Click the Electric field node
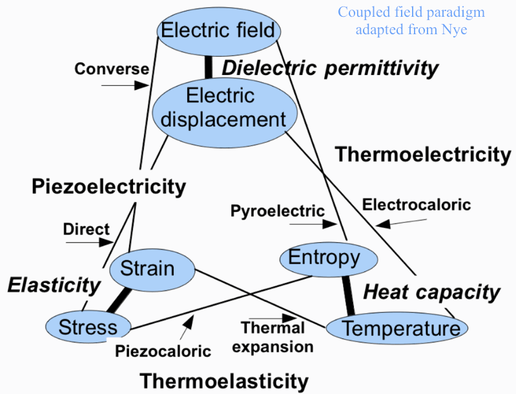218,30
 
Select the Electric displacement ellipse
225,109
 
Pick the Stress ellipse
88,327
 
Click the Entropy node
320,258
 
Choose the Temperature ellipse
396,328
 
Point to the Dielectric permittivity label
330,68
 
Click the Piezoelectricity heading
108,187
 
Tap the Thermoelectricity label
423,155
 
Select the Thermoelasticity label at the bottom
224,381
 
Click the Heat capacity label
431,292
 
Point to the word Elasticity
54,285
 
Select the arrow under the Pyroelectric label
313,224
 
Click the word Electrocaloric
417,205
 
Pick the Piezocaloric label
163,351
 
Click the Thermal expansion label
273,337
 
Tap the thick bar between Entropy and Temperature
349,294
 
